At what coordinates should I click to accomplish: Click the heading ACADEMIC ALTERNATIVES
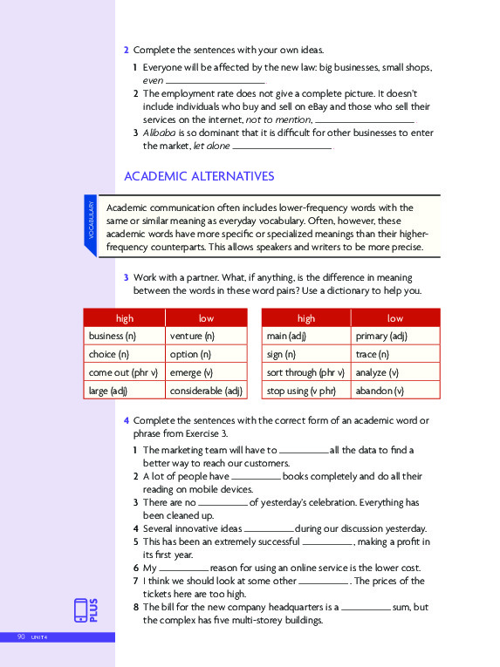199,176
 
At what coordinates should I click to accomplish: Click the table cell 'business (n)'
113,336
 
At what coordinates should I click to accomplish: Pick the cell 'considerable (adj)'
206,391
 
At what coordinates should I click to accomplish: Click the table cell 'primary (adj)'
382,336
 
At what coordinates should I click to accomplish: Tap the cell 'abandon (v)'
380,391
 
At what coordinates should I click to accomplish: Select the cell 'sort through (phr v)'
305,372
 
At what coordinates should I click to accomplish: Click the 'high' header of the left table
124,318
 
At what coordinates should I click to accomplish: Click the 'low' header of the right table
394,318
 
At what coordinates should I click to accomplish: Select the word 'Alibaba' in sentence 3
161,133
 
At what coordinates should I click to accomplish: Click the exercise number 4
127,420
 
